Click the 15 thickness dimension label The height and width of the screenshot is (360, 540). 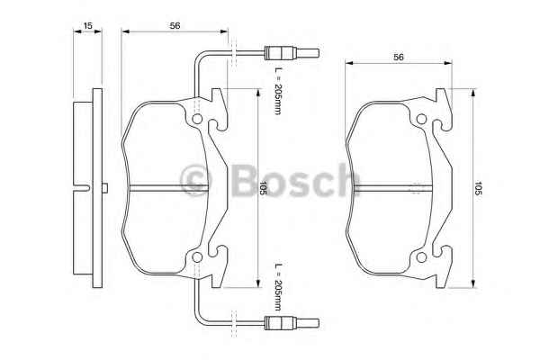coord(88,25)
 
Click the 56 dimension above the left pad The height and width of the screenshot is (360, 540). coord(175,25)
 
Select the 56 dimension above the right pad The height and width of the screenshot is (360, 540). coord(399,58)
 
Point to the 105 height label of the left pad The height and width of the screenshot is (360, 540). coord(263,188)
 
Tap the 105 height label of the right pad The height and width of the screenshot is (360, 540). coord(478,188)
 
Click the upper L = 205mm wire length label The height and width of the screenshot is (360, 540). coord(278,90)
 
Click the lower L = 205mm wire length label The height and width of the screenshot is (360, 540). coord(278,287)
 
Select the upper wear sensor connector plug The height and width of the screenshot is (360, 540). coord(292,53)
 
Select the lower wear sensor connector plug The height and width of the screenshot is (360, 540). coord(292,323)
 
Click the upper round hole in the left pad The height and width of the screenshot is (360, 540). coord(197,119)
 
